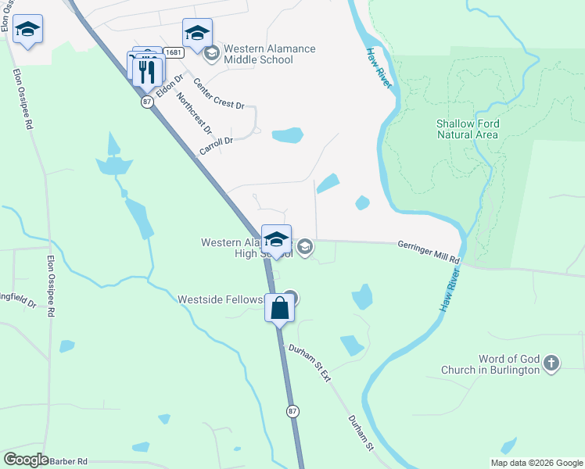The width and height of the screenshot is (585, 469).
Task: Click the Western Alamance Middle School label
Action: [x=269, y=54]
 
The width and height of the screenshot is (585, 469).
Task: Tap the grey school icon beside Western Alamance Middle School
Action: [x=210, y=54]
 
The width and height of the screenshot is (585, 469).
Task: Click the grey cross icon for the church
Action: [x=551, y=363]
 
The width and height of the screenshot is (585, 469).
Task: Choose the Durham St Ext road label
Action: [x=310, y=363]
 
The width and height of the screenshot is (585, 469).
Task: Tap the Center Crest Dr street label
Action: [x=219, y=95]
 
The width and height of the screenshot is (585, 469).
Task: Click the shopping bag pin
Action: [x=280, y=307]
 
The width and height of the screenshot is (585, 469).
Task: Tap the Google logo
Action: [x=26, y=460]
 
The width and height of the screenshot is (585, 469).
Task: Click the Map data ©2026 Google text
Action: [x=537, y=463]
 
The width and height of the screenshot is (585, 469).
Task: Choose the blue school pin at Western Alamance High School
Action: [x=276, y=240]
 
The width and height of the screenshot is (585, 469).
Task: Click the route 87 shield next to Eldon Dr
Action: [x=146, y=102]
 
